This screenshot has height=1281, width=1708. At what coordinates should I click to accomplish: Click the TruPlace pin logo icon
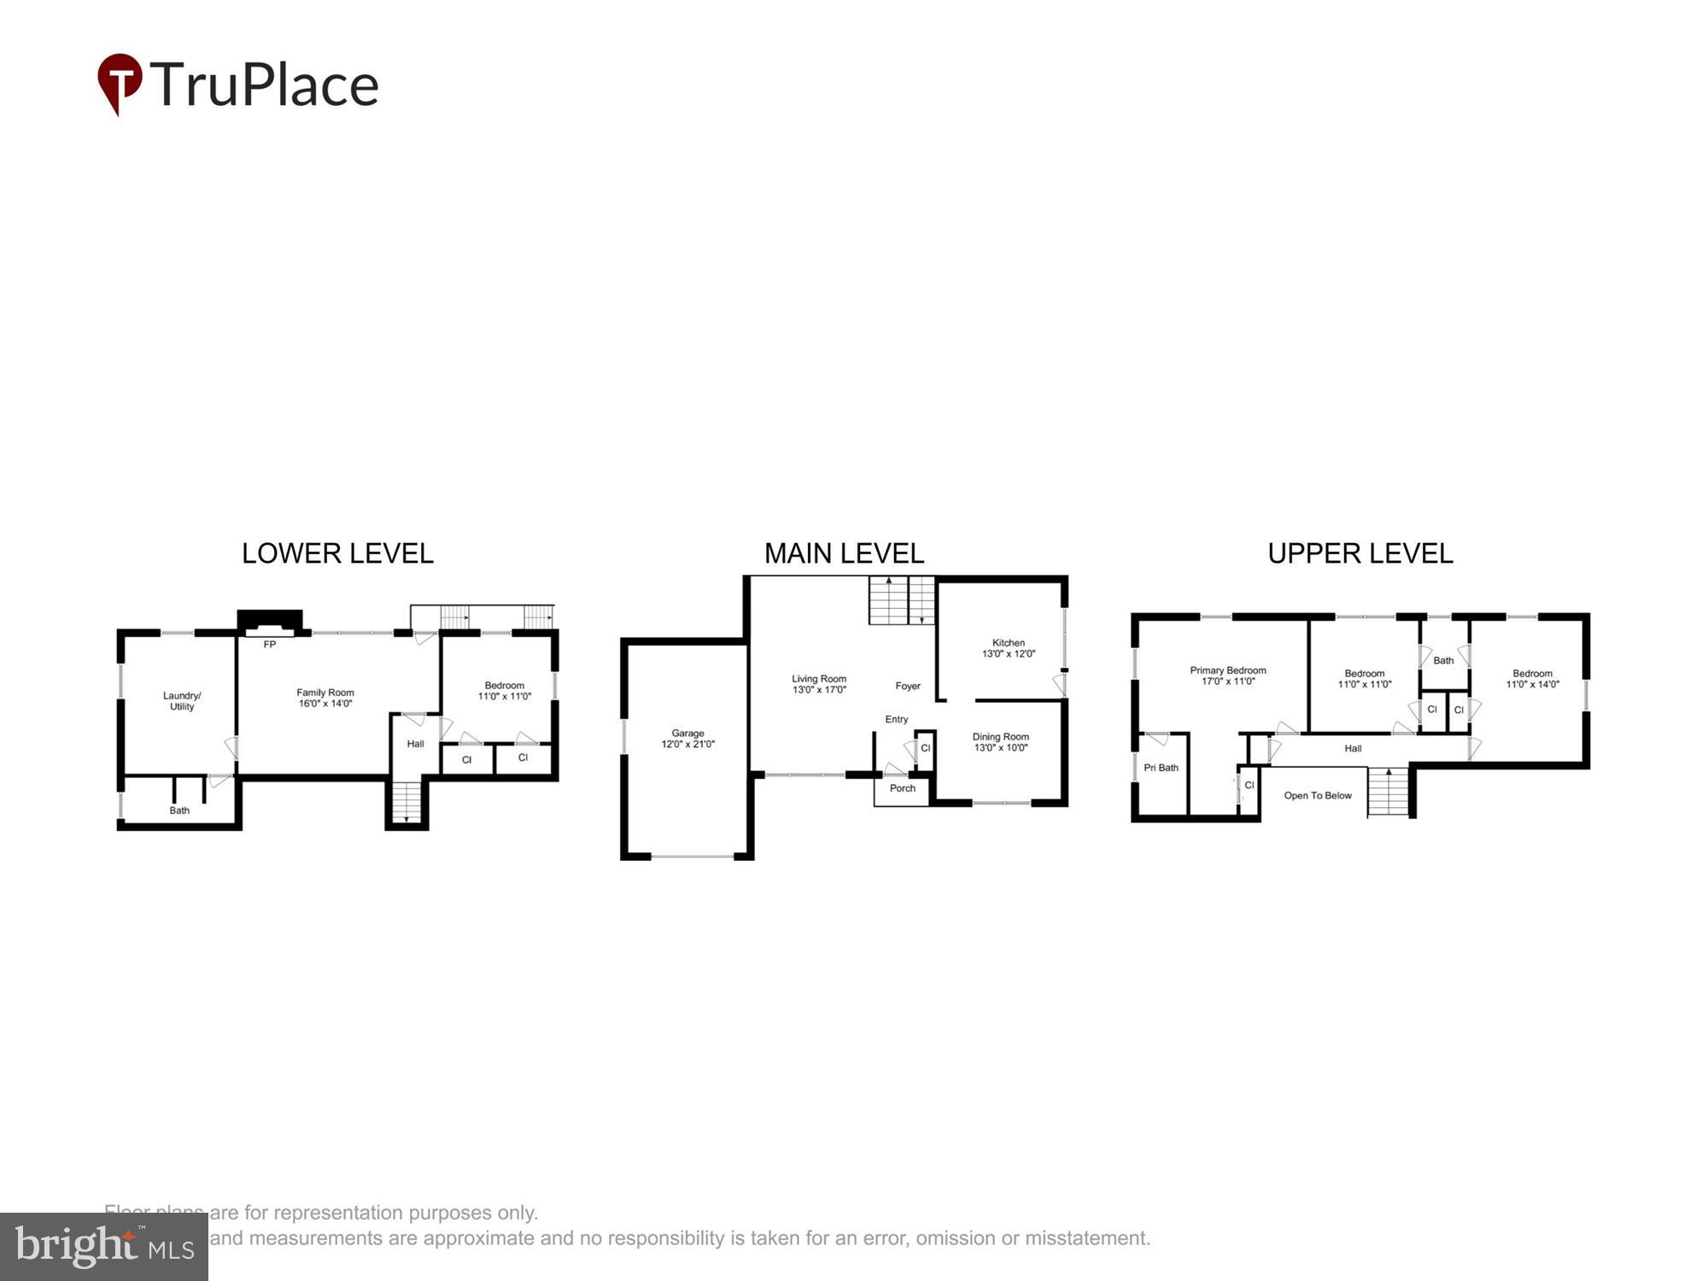point(120,83)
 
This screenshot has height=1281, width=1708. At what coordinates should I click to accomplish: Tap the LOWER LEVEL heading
point(337,553)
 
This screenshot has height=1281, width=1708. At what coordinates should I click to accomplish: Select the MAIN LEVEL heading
point(844,553)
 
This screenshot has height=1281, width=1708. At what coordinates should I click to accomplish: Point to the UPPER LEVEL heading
point(1360,553)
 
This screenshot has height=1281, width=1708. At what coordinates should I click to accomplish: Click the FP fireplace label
point(269,645)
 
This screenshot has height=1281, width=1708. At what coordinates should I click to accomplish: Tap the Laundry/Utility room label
point(182,701)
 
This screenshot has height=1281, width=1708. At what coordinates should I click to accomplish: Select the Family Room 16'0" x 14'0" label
point(325,699)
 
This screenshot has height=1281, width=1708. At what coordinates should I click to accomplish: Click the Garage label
point(687,739)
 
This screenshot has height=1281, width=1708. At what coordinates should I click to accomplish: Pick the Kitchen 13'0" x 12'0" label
point(1009,648)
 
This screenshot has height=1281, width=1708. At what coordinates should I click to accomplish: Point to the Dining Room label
point(1000,742)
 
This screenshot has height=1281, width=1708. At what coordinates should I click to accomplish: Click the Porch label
point(902,788)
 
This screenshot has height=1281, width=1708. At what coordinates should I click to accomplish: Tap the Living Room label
point(819,684)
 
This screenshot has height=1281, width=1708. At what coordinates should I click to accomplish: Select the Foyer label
point(908,686)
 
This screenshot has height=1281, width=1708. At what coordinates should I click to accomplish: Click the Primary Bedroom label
point(1228,676)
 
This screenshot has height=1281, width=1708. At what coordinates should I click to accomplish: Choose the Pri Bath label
point(1161,768)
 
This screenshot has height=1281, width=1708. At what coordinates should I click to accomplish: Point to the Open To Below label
point(1318,795)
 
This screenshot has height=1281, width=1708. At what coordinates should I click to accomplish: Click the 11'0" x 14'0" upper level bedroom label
point(1532,679)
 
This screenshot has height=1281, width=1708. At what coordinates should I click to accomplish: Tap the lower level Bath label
point(179,810)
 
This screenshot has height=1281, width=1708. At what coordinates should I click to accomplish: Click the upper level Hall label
point(1353,749)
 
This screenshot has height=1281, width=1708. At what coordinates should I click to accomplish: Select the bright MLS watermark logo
point(104,1247)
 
